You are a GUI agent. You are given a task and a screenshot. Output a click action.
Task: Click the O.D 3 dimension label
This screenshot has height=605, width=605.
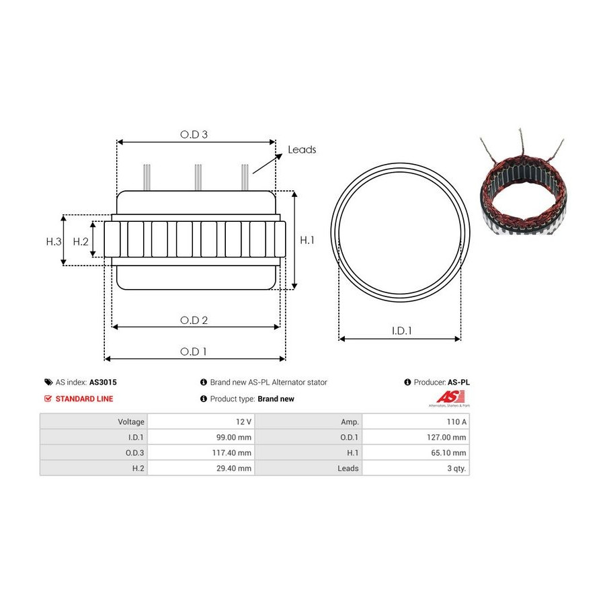194,134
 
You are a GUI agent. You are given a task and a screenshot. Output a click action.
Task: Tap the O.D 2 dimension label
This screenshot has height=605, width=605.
194,320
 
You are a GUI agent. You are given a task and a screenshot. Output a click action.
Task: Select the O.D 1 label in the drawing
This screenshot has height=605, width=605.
194,352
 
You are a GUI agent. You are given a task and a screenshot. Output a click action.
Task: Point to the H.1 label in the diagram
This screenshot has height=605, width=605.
307,240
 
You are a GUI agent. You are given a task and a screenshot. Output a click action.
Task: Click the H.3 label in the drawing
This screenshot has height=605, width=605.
54,241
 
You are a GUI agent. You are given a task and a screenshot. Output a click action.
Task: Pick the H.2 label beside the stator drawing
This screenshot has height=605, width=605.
81,241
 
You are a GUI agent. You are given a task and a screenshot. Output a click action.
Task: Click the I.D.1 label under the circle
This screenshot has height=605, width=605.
402,331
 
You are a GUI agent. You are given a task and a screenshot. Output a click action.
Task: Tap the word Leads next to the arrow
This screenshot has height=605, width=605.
302,149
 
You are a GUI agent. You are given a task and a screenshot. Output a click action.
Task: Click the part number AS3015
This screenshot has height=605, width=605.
103,382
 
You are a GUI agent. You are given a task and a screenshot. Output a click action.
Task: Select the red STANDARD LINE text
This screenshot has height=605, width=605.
84,399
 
